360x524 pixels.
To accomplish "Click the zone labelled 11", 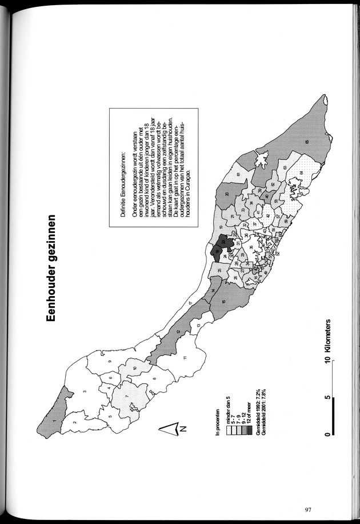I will click(x=185, y=358).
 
